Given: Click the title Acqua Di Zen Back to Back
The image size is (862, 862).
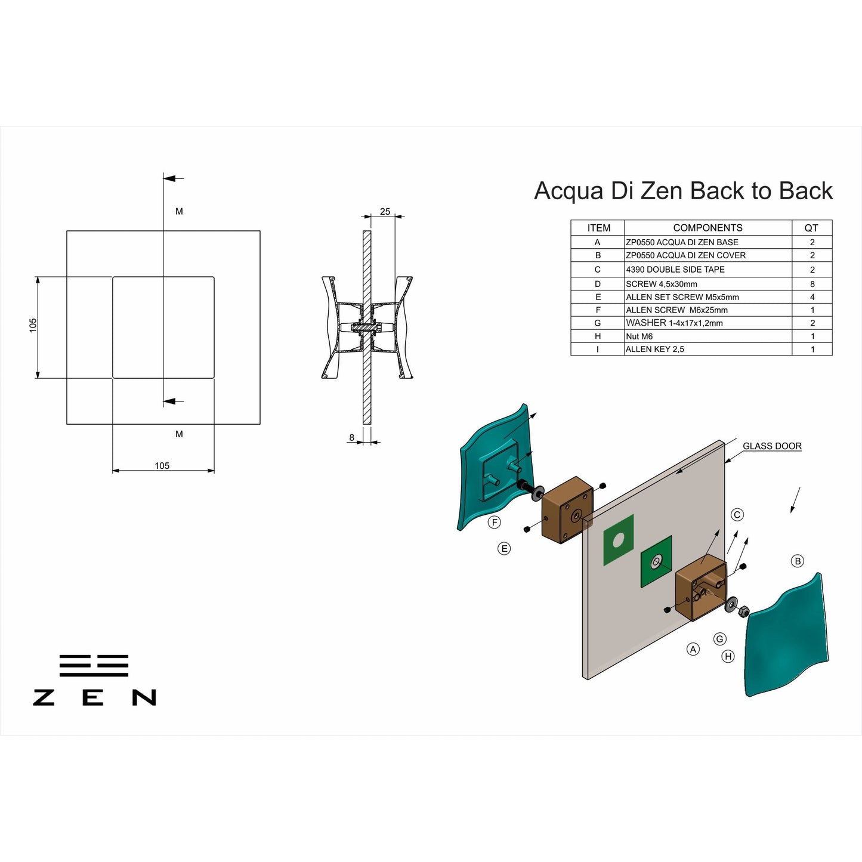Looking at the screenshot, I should point(683,191).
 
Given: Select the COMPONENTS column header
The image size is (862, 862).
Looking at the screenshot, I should point(707,228).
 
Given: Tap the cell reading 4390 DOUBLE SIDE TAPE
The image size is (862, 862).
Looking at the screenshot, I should point(675,270).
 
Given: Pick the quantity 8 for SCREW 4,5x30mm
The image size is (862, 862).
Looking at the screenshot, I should point(812,284).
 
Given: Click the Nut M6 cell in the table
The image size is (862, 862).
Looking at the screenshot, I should point(639,336).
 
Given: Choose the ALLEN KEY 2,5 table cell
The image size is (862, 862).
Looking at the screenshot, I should point(655,350).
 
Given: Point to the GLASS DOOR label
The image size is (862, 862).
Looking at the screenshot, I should point(772,446).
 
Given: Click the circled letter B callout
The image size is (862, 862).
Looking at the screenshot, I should point(798,561).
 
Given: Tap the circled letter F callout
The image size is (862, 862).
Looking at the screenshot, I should point(494,523).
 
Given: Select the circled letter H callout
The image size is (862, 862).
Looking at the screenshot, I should point(728,656).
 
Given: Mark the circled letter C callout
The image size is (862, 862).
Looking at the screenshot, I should point(737,515).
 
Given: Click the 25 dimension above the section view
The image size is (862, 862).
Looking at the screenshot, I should point(385,212).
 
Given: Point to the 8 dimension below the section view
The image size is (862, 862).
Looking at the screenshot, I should point(352,437).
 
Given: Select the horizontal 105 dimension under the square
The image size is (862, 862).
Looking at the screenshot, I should point(162,466).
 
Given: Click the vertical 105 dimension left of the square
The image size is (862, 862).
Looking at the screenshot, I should point(33,325).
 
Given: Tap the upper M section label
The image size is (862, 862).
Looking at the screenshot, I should point(179,211).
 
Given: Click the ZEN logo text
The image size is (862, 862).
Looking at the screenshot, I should point(94,697).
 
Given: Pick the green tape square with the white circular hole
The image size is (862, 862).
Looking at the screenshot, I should point(619,540).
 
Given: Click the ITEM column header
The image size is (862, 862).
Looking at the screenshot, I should point(598,228).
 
